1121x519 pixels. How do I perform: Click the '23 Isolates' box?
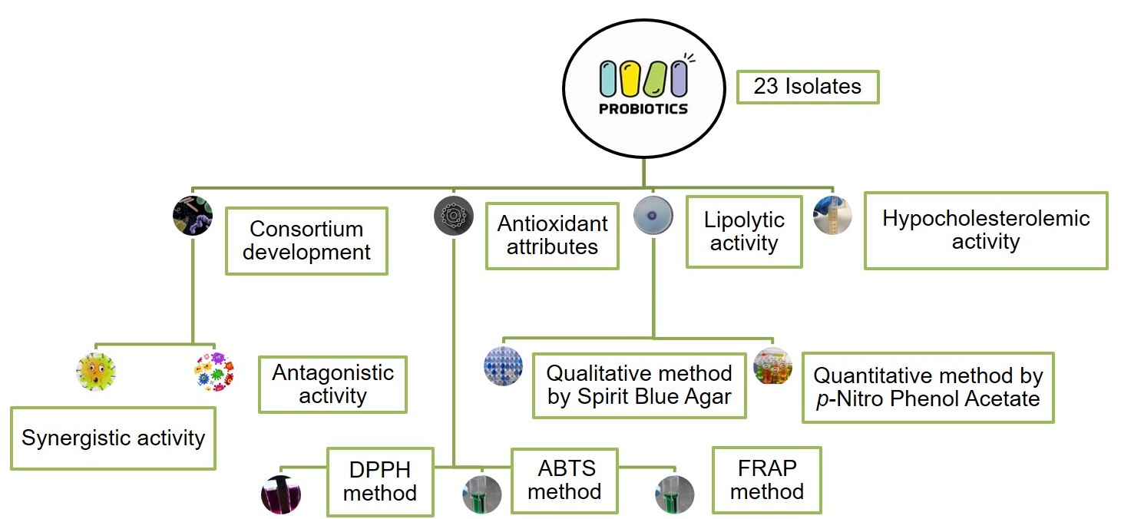[x=807, y=87]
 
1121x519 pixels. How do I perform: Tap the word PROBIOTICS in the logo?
[x=643, y=109]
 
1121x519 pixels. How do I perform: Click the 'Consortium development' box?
[x=306, y=240]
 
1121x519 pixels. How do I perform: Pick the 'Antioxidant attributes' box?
[x=552, y=235]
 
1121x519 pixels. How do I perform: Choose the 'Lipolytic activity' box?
[x=744, y=232]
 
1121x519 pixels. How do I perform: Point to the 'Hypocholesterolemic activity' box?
[x=985, y=230]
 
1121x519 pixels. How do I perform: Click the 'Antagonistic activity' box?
[x=332, y=385]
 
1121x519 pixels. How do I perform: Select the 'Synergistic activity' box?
[x=113, y=438]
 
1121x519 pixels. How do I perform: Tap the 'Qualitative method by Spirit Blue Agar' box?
[x=639, y=385]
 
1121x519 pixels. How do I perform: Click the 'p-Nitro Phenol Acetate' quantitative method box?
[x=928, y=387]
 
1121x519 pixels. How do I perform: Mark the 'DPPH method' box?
[x=380, y=481]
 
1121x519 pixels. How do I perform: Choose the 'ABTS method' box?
[x=564, y=479]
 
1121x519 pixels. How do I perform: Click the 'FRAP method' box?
[x=766, y=480]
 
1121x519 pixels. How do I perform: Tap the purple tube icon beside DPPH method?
[x=281, y=494]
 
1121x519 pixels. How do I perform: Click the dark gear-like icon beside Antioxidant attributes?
[x=453, y=216]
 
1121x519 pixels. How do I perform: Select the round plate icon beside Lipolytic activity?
[x=653, y=215]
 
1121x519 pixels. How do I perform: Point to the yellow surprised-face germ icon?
[x=96, y=372]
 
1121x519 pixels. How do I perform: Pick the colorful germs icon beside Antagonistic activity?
[x=214, y=372]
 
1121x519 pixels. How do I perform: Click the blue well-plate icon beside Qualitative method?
[x=504, y=366]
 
